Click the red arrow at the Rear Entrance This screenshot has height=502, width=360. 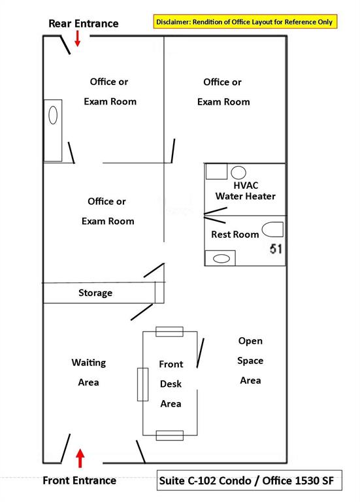click(78, 39)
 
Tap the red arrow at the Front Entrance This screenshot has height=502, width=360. click(80, 458)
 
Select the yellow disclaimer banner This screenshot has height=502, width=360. click(245, 22)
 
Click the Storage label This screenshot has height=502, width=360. click(95, 293)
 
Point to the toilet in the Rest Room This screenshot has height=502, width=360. click(272, 229)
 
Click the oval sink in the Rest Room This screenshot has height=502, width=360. click(221, 258)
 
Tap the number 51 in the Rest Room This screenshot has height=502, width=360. click(276, 249)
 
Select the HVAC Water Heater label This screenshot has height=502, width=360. click(246, 191)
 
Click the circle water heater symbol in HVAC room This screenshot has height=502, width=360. click(238, 173)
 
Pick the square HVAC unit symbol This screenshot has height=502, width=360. click(216, 172)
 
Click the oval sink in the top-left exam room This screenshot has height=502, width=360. click(53, 115)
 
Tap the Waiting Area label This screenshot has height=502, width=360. click(89, 373)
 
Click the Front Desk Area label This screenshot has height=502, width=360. click(171, 384)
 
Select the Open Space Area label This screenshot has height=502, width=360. click(250, 361)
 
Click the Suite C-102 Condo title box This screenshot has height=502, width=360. click(250, 480)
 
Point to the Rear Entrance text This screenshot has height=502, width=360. click(84, 24)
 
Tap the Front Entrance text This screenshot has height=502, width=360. click(79, 480)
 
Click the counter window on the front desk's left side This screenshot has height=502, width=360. click(142, 384)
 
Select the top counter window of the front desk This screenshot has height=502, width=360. click(170, 331)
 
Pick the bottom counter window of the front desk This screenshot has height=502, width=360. click(170, 435)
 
